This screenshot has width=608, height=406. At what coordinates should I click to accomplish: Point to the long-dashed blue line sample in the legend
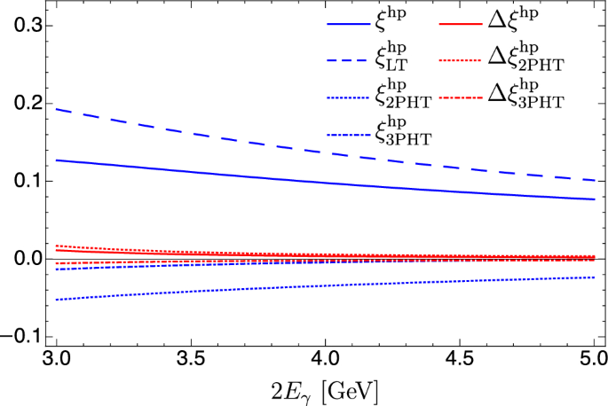point(348,55)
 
